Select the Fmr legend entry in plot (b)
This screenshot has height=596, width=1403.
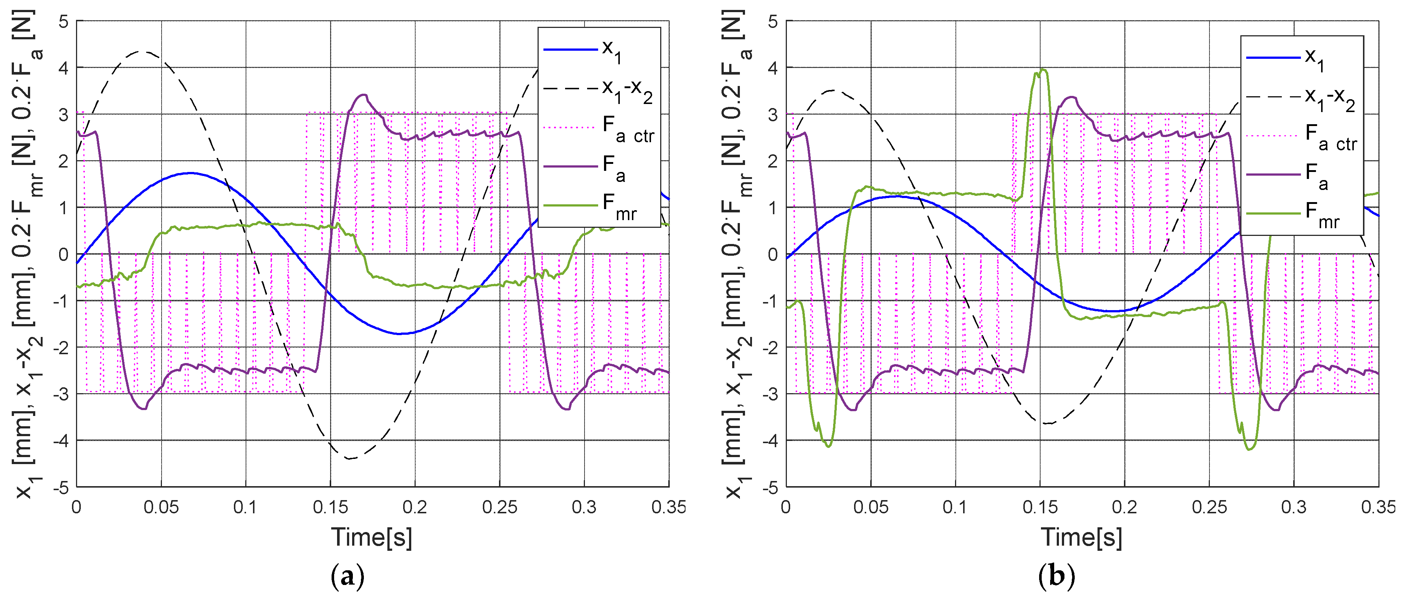click(x=1302, y=213)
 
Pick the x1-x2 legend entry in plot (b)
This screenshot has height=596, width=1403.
click(x=1302, y=98)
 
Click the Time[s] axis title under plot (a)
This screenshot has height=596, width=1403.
click(x=372, y=537)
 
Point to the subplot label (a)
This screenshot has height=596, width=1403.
click(x=347, y=576)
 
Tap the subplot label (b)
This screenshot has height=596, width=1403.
click(x=1057, y=576)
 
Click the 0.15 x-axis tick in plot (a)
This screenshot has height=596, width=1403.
click(x=330, y=507)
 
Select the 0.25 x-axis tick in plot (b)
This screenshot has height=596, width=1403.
click(x=1209, y=507)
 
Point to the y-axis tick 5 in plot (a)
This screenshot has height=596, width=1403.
click(x=64, y=22)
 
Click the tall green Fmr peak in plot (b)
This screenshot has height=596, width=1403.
click(x=1042, y=70)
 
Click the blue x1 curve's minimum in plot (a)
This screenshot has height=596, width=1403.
click(x=400, y=333)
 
